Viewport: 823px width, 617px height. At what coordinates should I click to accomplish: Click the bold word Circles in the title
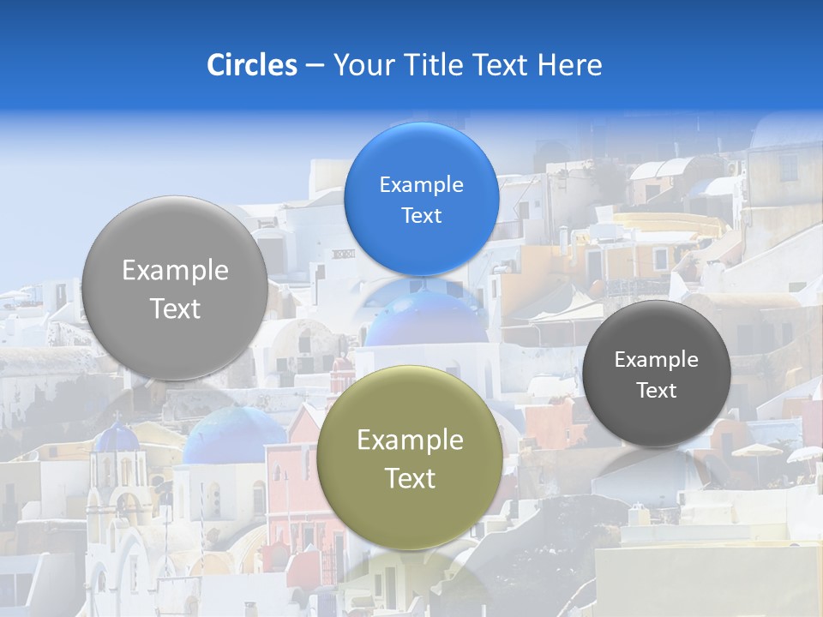(x=251, y=65)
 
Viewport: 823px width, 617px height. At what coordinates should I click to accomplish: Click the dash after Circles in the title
(x=315, y=66)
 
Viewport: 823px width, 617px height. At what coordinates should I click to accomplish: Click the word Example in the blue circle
(x=421, y=185)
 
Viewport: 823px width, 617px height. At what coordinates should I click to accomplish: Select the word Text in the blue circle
(x=421, y=216)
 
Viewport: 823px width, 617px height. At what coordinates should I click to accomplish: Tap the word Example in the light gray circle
(x=175, y=271)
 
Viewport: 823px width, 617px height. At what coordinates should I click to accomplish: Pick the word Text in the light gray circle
(x=175, y=308)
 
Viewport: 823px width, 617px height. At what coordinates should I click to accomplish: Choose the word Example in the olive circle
(x=410, y=440)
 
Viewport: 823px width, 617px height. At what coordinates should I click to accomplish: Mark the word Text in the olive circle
(x=410, y=478)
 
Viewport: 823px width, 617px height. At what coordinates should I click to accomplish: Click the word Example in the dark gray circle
(x=656, y=360)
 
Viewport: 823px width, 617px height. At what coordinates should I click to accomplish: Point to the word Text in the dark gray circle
(x=656, y=391)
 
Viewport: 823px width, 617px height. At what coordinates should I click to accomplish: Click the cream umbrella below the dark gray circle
(x=757, y=451)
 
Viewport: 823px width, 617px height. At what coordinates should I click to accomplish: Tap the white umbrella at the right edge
(x=806, y=455)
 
